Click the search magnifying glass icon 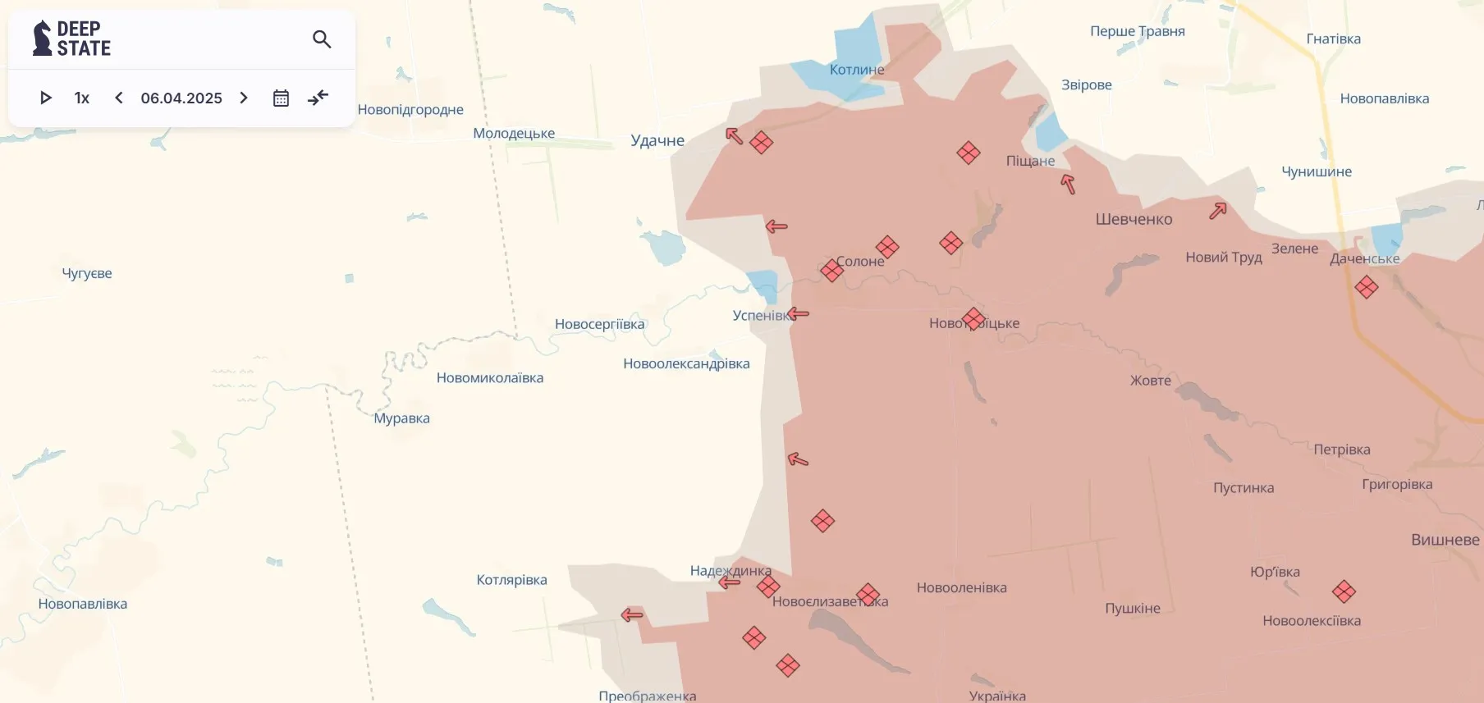pyautogui.click(x=322, y=39)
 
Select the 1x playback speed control pyautogui.click(x=82, y=98)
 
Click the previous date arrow pyautogui.click(x=119, y=98)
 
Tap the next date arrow pyautogui.click(x=244, y=98)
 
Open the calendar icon pyautogui.click(x=281, y=98)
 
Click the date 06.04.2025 pyautogui.click(x=181, y=98)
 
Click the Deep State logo pyautogui.click(x=71, y=39)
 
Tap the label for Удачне pyautogui.click(x=657, y=140)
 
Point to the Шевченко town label pyautogui.click(x=1134, y=219)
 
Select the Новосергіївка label pyautogui.click(x=599, y=324)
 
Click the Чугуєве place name pyautogui.click(x=87, y=273)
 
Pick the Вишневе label pyautogui.click(x=1445, y=540)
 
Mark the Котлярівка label pyautogui.click(x=511, y=580)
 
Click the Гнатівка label pyautogui.click(x=1333, y=39)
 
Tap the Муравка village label pyautogui.click(x=401, y=418)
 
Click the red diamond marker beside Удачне pyautogui.click(x=761, y=143)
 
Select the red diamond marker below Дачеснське pyautogui.click(x=1367, y=287)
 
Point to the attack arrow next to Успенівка pyautogui.click(x=799, y=313)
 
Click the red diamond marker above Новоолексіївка pyautogui.click(x=1344, y=591)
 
